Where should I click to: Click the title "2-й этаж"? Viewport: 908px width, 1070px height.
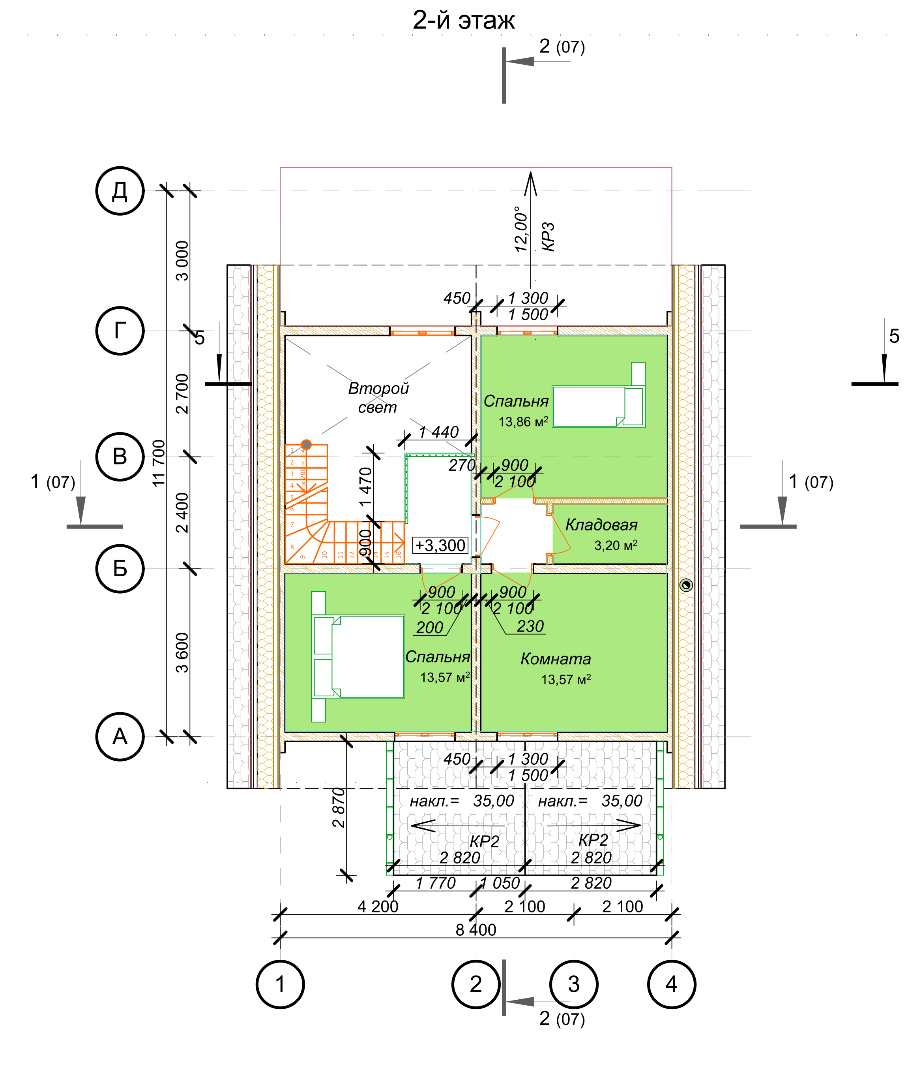tap(463, 21)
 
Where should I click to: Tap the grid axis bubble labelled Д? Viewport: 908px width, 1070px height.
tap(120, 191)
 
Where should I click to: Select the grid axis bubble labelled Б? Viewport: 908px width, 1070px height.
tap(120, 569)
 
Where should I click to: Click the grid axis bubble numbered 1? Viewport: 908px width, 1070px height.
tap(280, 984)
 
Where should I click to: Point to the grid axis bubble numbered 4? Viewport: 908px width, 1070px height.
tap(671, 984)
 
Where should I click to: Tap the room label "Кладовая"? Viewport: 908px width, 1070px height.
tap(601, 525)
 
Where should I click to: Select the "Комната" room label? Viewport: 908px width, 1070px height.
tap(555, 659)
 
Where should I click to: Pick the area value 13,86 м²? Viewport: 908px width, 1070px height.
tap(523, 422)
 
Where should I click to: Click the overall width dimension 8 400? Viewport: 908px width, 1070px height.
tap(476, 930)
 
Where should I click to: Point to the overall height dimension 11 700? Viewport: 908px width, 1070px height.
tap(159, 463)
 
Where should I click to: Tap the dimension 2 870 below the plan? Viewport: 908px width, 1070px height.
tap(338, 808)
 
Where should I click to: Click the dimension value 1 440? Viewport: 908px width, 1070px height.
tap(438, 432)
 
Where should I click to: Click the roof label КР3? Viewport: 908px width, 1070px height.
tap(549, 237)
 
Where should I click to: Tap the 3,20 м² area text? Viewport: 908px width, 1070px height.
tap(616, 545)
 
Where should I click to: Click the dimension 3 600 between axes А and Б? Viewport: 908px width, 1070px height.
tap(182, 653)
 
